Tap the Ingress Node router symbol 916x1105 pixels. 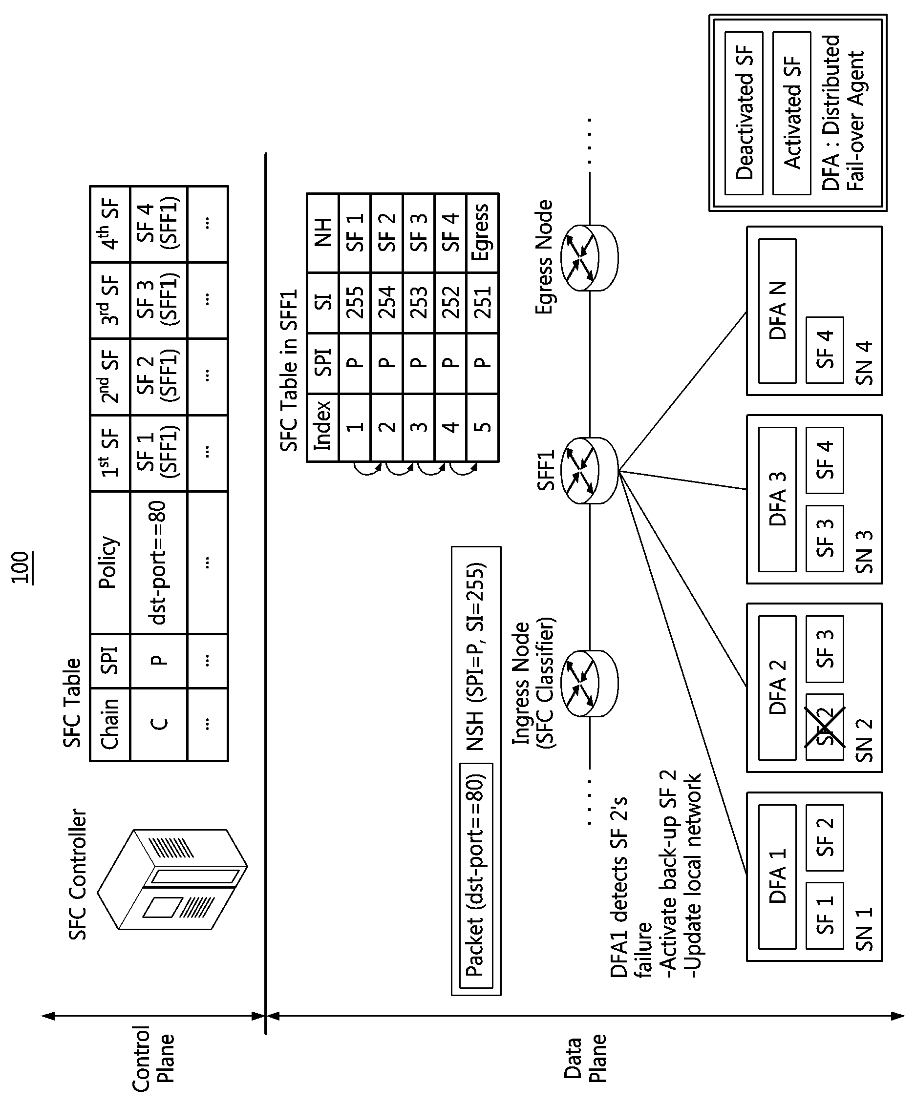589,683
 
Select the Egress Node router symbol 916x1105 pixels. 589,258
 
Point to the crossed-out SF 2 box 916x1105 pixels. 825,727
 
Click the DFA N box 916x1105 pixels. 777,311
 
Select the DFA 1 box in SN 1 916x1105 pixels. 777,876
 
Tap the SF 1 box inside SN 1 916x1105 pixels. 825,916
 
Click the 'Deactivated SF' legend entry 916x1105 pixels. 744,113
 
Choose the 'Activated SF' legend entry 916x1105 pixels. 791,113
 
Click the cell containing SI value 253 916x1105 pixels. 419,303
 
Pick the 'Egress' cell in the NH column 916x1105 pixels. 482,232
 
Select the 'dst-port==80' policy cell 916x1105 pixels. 158,563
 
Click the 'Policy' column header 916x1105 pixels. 110,563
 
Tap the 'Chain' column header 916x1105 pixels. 110,725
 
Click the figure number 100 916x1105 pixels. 21,567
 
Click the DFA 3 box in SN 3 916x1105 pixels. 777,500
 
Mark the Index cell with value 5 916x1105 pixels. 482,427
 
